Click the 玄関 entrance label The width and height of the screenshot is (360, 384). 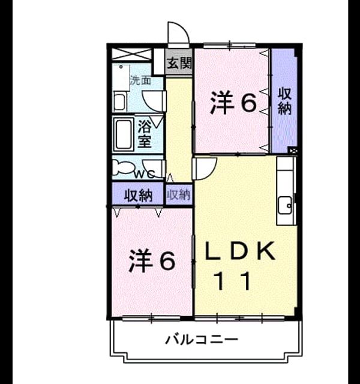[179, 63]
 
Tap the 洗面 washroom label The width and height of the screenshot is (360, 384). [140, 80]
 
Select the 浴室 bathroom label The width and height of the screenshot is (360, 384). [145, 134]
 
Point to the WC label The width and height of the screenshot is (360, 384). [145, 174]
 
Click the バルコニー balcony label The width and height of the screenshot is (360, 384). [202, 340]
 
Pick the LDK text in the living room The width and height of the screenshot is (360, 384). [240, 251]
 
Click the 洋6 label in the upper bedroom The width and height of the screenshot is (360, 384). [233, 102]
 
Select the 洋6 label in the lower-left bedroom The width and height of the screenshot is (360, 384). [152, 260]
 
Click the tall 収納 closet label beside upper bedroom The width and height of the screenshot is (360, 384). [284, 101]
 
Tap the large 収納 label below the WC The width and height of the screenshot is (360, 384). [139, 196]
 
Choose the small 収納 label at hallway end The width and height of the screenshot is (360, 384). [179, 195]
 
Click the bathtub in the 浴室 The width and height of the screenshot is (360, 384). [124, 134]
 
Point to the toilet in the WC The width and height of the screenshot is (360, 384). [122, 168]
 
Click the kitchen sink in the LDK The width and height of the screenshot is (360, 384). [286, 205]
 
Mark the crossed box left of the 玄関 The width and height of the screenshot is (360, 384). [132, 54]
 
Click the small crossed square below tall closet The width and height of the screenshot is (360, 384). [293, 151]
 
